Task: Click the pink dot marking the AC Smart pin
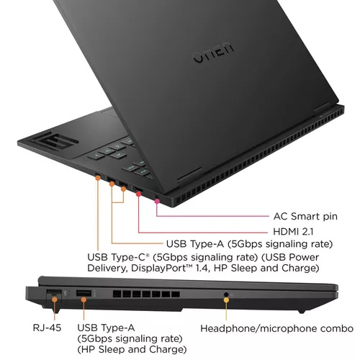click(157, 203)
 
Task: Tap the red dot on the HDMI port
click(138, 194)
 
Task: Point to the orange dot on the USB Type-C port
click(124, 188)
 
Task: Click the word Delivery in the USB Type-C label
click(109, 269)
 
